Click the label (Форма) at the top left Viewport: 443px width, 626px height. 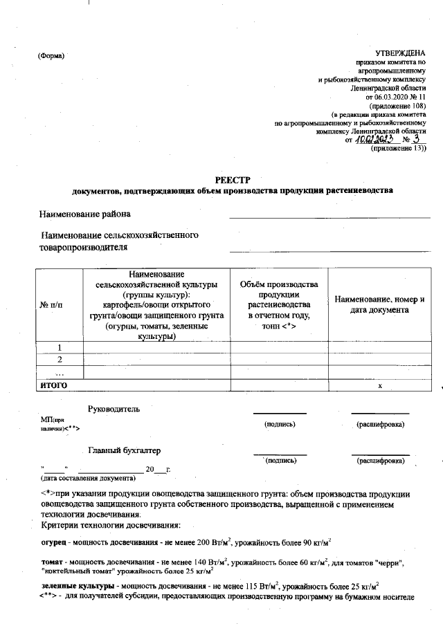click(51, 56)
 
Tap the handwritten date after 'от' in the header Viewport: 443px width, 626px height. click(374, 140)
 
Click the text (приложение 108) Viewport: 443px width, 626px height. click(399, 106)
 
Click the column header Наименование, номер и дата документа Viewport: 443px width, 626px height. click(379, 305)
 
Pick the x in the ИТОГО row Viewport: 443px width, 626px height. click(379, 385)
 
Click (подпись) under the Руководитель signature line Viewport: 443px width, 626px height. click(281, 423)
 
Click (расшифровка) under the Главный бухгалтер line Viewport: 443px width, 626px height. click(380, 460)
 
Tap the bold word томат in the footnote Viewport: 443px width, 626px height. click(53, 563)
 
